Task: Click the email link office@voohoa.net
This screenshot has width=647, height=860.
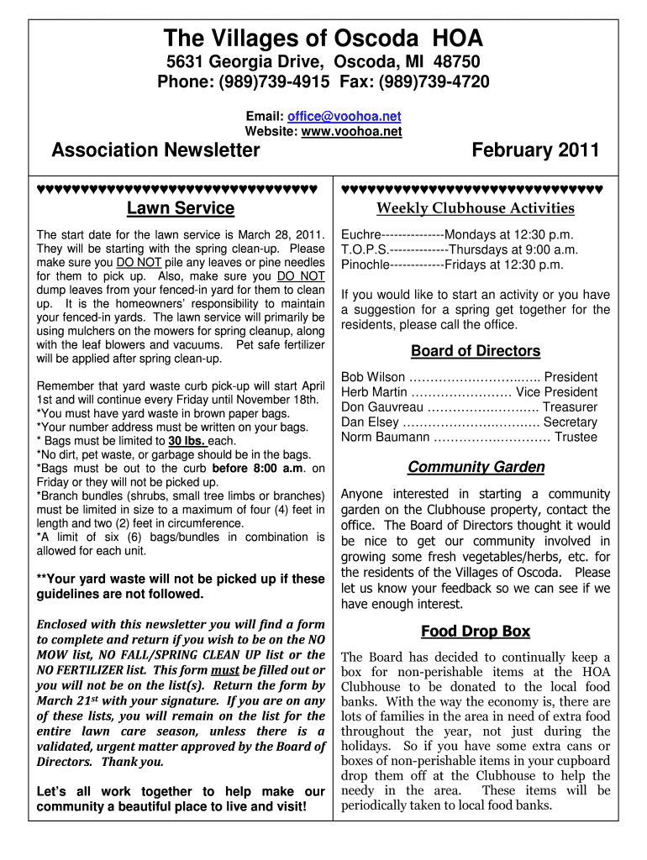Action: (x=344, y=117)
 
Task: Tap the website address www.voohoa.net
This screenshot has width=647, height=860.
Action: (x=351, y=131)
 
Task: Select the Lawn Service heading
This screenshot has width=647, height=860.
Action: (x=180, y=208)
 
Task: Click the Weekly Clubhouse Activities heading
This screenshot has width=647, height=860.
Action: (x=475, y=208)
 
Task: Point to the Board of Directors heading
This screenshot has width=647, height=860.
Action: (x=475, y=351)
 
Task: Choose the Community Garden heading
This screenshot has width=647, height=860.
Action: (x=476, y=467)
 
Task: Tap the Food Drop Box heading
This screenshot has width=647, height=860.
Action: (x=475, y=632)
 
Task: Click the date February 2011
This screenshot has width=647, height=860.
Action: (x=535, y=150)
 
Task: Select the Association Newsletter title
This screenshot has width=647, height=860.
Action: (x=155, y=150)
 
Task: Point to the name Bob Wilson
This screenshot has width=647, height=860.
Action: (x=373, y=377)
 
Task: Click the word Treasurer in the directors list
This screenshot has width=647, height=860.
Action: (x=571, y=407)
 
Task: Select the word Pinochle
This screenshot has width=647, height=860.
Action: (x=366, y=265)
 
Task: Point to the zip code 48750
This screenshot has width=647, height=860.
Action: (x=457, y=62)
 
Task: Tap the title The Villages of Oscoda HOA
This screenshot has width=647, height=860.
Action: (x=323, y=38)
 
